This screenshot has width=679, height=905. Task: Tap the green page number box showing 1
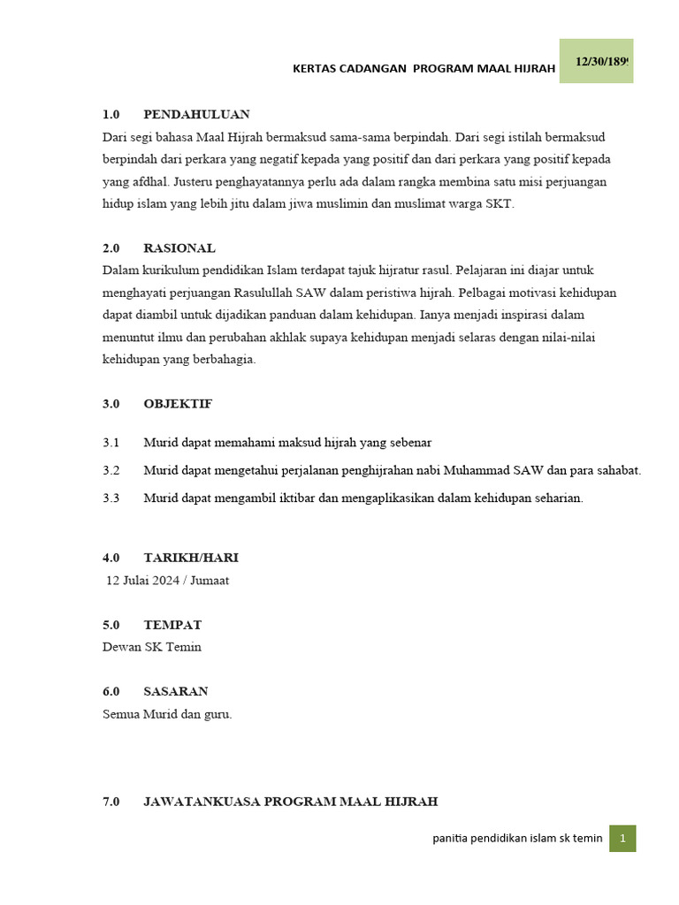(622, 839)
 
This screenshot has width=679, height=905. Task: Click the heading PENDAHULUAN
(196, 114)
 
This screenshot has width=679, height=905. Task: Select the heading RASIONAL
(179, 248)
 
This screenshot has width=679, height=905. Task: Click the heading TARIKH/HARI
(191, 558)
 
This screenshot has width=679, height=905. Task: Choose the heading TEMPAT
(172, 625)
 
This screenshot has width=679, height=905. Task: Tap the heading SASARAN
(176, 691)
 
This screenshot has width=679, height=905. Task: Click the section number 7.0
(111, 802)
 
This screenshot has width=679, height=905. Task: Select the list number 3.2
(111, 470)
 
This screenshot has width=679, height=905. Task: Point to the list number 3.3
(111, 498)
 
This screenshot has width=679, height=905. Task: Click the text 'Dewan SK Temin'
(152, 647)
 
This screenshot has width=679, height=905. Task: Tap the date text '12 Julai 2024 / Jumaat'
(167, 581)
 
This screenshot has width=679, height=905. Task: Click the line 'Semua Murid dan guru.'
(167, 714)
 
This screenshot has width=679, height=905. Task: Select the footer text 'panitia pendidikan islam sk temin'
(517, 839)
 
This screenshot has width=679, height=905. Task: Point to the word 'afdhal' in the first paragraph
(149, 182)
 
